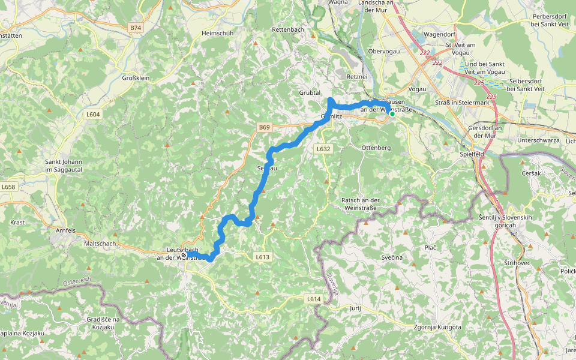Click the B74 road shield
136,28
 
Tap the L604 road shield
94,114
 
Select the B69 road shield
265,127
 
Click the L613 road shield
262,257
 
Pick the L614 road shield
314,298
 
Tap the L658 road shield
8,187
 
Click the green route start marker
392,113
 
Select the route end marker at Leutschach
184,255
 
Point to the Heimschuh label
217,33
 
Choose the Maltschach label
100,244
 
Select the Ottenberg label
376,148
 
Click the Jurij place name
355,308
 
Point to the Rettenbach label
288,29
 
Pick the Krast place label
17,223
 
